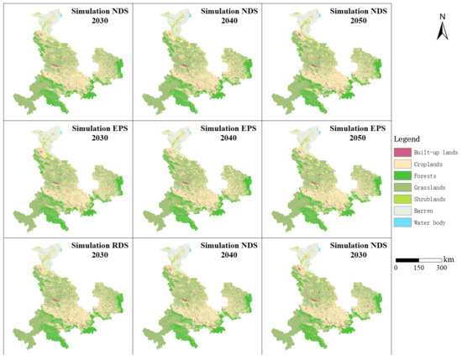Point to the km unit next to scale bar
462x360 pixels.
tap(449, 259)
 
